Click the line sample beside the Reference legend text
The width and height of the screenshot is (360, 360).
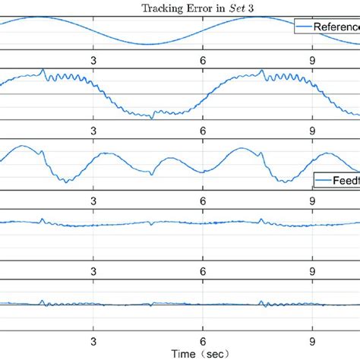click(306, 26)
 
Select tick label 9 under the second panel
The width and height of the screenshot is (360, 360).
click(312, 130)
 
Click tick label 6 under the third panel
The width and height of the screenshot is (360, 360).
click(203, 201)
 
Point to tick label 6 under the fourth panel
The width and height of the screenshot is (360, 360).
click(203, 270)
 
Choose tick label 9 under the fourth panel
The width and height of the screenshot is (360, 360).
click(312, 270)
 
